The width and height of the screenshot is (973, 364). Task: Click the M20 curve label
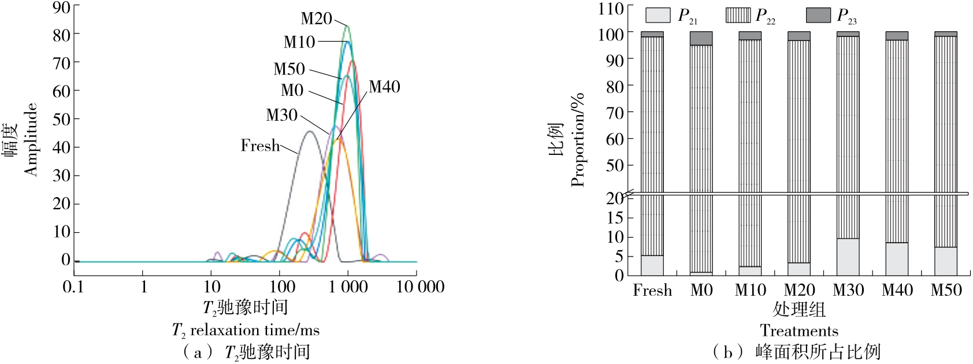316,19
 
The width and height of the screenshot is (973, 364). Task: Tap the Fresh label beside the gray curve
260,146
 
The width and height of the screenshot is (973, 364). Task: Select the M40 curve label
384,87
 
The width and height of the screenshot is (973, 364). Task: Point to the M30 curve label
281,116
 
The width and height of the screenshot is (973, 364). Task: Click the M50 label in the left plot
289,69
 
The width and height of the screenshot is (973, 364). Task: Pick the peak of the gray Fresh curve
310,132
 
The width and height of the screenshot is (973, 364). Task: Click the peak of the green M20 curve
347,26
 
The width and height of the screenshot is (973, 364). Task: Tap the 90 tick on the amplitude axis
61,8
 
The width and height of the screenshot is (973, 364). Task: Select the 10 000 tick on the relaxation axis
421,287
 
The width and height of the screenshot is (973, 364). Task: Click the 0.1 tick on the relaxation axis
73,287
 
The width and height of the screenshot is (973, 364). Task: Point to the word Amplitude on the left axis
31,139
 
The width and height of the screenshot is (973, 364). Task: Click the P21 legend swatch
658,15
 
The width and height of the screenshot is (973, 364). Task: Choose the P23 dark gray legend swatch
818,15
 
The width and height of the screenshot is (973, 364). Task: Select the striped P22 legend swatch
738,15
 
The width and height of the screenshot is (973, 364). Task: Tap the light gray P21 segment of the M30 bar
848,257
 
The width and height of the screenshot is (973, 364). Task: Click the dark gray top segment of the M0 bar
701,39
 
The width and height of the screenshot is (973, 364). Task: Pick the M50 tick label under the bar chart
946,290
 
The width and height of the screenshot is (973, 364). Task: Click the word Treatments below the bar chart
799,331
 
